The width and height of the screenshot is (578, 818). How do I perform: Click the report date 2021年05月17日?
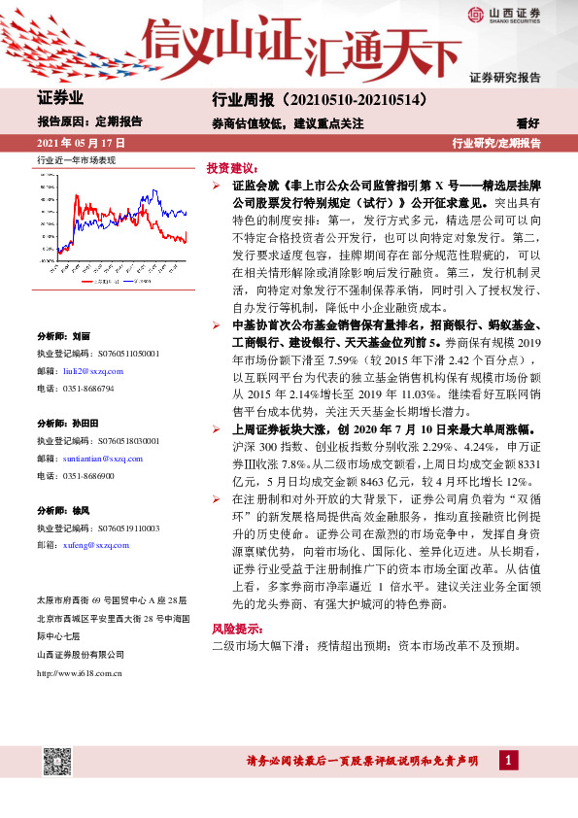click(82, 142)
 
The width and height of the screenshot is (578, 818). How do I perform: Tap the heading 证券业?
click(59, 98)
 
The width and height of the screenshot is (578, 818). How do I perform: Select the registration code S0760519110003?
click(117, 528)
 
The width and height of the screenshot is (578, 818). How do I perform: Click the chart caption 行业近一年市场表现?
click(76, 158)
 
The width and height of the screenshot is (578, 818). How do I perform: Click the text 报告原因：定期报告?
click(89, 122)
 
